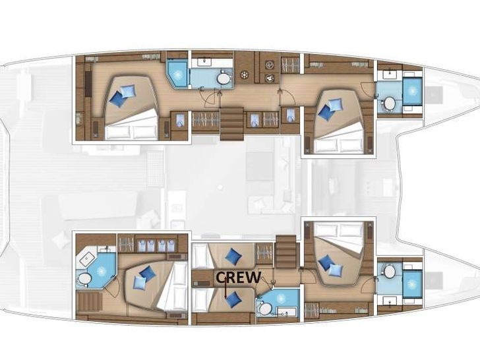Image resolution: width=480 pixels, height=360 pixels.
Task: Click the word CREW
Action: coord(239,278)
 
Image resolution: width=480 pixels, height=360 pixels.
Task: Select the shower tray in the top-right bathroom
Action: coord(413,92)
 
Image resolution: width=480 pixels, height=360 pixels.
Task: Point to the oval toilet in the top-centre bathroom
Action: coord(224,79)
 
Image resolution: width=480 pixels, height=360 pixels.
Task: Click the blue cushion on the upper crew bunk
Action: coord(232,256)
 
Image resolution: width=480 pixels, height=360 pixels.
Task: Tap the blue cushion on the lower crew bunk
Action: coord(231,299)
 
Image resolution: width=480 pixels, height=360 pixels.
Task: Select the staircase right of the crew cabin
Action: coord(288,254)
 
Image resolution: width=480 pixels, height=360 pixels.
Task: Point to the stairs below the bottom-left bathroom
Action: coord(88,304)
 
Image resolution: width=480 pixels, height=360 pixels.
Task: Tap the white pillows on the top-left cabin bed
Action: coord(132,131)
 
